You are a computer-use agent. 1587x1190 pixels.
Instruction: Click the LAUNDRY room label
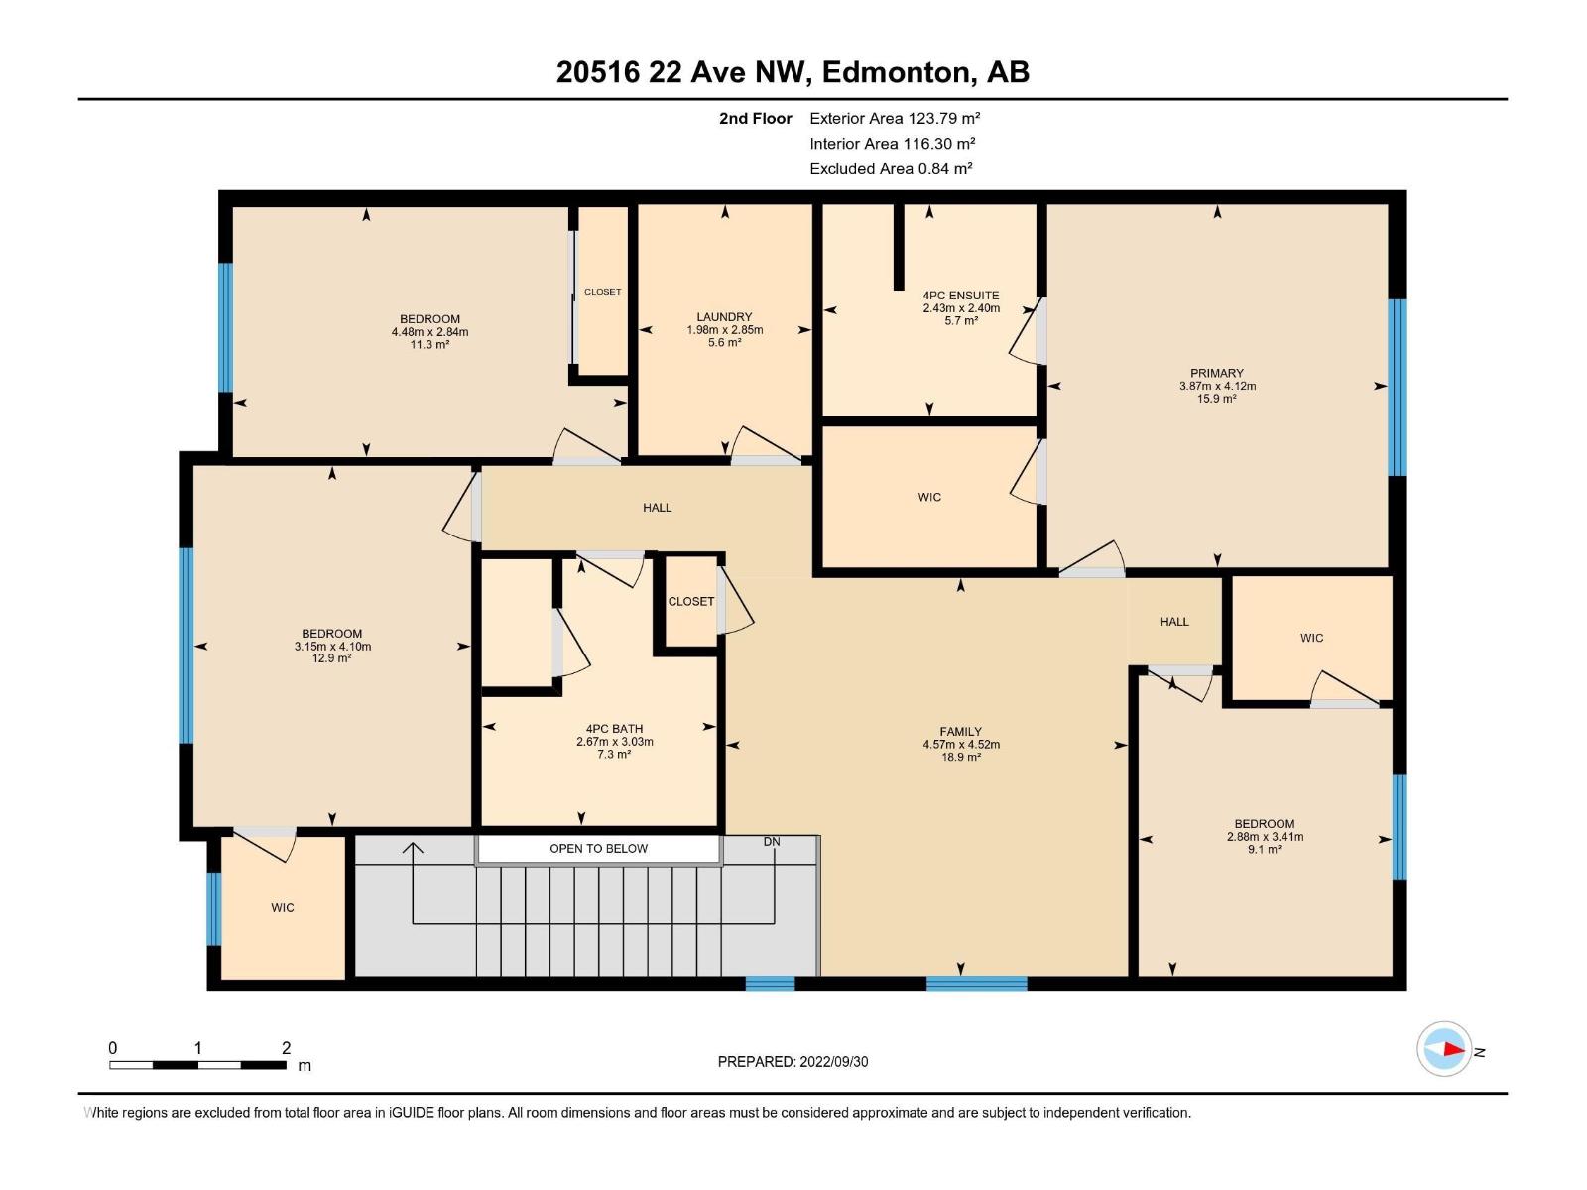tap(724, 316)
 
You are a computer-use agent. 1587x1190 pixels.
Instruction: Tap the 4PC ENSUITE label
tap(961, 295)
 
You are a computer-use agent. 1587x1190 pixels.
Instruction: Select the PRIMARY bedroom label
tap(1217, 373)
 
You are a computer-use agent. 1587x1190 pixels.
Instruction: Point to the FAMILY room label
tap(961, 731)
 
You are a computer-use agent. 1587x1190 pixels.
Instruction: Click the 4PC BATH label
tap(615, 728)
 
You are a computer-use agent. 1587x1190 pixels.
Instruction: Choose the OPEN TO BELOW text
tap(599, 848)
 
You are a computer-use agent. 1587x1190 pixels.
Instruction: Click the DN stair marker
tap(772, 842)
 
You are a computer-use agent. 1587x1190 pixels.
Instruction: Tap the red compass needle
tap(1454, 1049)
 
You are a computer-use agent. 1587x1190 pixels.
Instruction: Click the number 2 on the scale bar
tap(286, 1047)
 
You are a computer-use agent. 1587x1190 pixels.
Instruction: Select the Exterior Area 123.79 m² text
tap(895, 118)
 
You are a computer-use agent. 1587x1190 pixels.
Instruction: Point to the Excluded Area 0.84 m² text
tap(891, 169)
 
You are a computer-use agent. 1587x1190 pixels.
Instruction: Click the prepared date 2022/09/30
tap(833, 1061)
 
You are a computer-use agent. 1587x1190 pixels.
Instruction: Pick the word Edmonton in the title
tap(896, 72)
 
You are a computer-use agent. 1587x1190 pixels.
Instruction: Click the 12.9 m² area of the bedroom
tap(332, 658)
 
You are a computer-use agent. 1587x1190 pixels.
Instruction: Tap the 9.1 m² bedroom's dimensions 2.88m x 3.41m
tap(1265, 837)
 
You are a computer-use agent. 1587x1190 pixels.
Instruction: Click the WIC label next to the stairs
tap(282, 907)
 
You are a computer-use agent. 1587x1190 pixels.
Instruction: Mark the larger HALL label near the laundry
tap(658, 507)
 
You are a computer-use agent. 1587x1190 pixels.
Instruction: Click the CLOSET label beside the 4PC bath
tap(691, 601)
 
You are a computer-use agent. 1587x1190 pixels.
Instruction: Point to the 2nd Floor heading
tap(756, 118)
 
